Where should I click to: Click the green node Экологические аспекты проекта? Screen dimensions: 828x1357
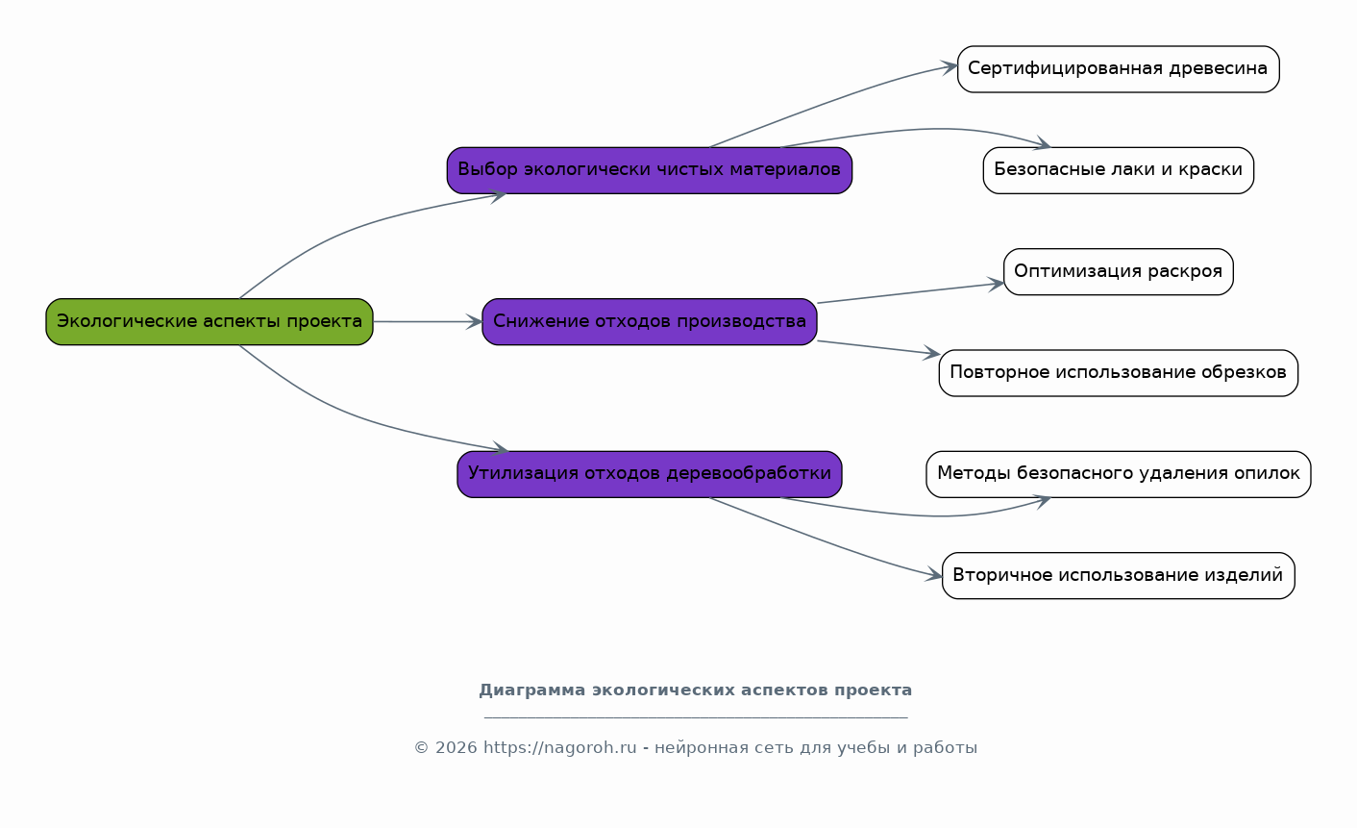point(209,321)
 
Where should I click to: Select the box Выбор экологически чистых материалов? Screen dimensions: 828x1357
point(649,170)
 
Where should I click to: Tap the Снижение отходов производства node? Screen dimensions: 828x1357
point(649,321)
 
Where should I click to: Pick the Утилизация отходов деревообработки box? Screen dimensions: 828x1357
point(649,473)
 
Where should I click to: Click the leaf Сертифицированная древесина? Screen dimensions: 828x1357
point(1118,69)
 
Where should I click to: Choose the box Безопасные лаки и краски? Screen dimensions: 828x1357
point(1118,170)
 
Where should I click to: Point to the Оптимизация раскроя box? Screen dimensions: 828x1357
point(1118,271)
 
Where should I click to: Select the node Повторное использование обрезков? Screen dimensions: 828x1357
point(1118,372)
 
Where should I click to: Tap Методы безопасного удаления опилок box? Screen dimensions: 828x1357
point(1118,473)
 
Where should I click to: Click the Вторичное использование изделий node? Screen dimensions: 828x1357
point(1118,575)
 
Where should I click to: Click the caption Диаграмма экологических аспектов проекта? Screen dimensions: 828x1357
point(695,690)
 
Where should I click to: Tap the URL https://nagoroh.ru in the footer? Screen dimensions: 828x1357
point(559,748)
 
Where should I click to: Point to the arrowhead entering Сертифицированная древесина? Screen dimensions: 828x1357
point(950,66)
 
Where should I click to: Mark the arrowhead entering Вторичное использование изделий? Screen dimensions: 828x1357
point(934,576)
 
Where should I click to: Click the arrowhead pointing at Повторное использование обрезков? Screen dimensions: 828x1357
point(931,354)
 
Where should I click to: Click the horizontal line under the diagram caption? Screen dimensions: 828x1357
point(695,717)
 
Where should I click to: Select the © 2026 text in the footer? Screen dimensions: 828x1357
point(445,748)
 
